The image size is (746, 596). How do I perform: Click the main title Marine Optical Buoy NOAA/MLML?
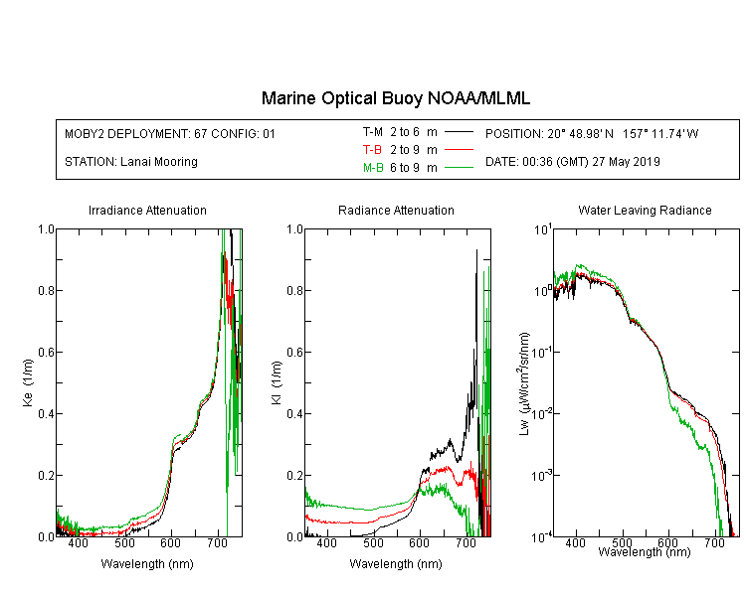[x=395, y=98]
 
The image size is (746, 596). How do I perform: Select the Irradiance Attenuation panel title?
[x=147, y=210]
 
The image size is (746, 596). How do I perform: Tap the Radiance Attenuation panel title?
[x=396, y=210]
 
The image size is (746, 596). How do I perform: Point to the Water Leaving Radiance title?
[x=645, y=210]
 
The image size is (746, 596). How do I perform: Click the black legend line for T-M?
[x=459, y=132]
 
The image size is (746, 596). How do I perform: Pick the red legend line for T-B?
[x=459, y=150]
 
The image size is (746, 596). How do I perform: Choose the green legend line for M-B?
[x=459, y=167]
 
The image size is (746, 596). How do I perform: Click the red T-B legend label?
[x=372, y=150]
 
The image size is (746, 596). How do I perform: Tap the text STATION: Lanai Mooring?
[x=131, y=162]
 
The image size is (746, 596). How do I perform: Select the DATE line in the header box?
[x=572, y=162]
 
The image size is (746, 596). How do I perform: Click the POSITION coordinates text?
[x=592, y=133]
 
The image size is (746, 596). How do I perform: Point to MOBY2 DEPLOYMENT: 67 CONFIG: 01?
[x=170, y=133]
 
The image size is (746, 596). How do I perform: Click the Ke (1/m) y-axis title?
[x=28, y=382]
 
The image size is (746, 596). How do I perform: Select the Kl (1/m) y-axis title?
[x=277, y=382]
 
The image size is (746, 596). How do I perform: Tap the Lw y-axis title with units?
[x=523, y=383]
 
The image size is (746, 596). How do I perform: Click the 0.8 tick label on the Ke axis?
[x=46, y=290]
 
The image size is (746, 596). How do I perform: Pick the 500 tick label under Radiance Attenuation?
[x=373, y=542]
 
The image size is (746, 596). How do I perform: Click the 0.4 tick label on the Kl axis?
[x=295, y=413]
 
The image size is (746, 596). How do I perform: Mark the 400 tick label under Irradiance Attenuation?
[x=78, y=542]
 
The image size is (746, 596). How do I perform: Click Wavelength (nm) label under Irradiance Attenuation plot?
[x=147, y=564]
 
